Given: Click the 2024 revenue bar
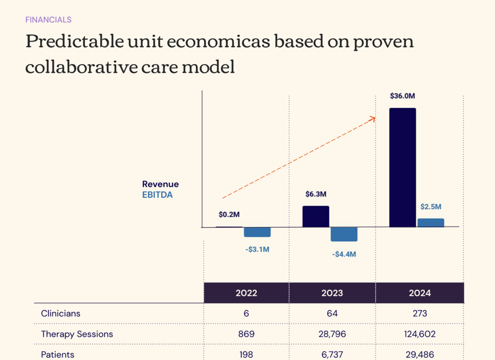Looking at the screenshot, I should [403, 167].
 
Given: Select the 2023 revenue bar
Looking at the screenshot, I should [315, 217].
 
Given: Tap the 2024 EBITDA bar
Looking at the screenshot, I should [431, 222].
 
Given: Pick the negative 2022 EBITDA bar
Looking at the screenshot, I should [257, 232].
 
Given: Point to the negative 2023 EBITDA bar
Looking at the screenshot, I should [344, 234].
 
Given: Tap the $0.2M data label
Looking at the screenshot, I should [229, 214].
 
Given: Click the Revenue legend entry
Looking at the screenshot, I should [160, 184].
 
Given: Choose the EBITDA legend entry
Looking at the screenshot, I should [157, 194].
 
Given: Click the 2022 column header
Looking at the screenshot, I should [246, 293].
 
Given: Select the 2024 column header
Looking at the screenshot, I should [419, 293].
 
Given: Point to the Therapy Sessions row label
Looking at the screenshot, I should [77, 334].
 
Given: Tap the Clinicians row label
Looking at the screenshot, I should [61, 313].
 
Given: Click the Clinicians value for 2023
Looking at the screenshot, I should [332, 313].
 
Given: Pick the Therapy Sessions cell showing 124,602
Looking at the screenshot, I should [419, 334].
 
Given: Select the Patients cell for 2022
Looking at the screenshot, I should [246, 354].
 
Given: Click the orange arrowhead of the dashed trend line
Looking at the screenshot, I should [372, 118].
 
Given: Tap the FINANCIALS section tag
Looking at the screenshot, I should [48, 20].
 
